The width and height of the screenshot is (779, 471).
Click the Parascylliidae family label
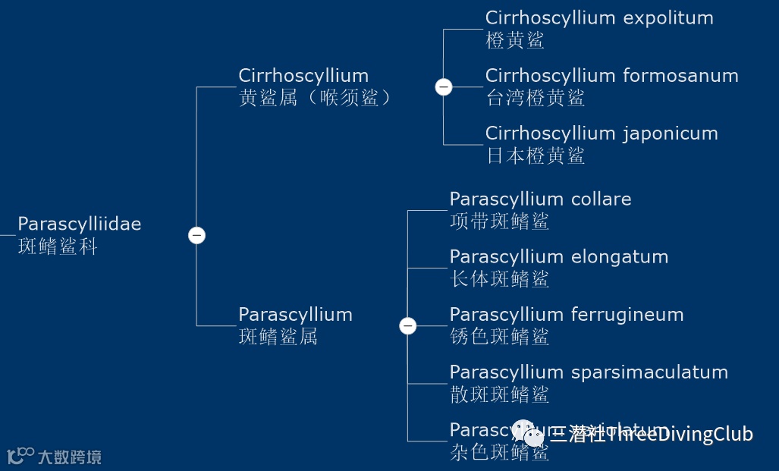coord(79,225)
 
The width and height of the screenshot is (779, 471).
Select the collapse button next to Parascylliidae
coord(196,235)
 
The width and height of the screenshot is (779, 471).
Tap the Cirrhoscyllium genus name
coord(303,76)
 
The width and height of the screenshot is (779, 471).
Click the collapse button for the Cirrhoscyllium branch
coord(444,87)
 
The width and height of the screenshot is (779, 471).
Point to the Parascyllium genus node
coord(295,315)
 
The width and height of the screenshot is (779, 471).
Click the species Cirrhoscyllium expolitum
coord(599,18)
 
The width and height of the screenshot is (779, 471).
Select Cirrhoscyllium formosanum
coord(611,76)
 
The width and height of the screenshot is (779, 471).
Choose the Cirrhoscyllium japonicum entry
coord(602,133)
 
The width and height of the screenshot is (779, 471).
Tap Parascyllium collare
coord(540,199)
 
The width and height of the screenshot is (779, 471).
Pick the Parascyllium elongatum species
coord(558,257)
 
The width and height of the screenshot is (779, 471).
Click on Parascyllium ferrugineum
coord(566,315)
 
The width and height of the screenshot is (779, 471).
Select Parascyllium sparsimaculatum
coord(589,372)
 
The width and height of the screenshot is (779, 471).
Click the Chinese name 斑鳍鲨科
coord(58,246)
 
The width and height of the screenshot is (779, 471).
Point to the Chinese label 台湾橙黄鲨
coord(535,98)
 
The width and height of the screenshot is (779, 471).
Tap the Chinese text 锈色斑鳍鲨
coord(499,337)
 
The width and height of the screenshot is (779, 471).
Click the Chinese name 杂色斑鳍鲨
coord(499,453)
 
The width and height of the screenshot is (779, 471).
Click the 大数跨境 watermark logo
coord(55,457)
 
